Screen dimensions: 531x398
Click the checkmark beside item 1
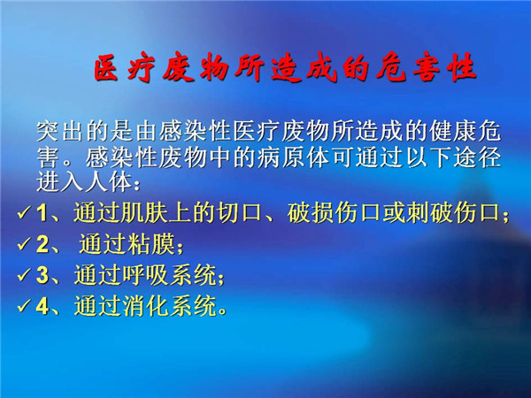(x=25, y=213)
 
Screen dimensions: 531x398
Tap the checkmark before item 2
(x=25, y=244)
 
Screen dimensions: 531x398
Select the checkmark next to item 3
(x=25, y=275)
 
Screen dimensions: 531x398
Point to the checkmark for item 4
(x=25, y=306)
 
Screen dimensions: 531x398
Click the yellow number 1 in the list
(x=42, y=213)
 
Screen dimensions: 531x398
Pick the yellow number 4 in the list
(x=42, y=306)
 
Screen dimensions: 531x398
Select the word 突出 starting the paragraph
(x=59, y=131)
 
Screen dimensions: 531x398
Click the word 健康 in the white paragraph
(x=453, y=131)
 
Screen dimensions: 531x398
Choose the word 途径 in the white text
(x=478, y=157)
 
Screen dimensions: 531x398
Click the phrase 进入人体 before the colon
(x=84, y=183)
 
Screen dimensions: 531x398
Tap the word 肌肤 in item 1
(x=146, y=213)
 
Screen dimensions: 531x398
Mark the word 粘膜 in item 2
(x=151, y=244)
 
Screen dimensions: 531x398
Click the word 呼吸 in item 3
(x=146, y=275)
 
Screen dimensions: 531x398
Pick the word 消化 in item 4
(x=146, y=306)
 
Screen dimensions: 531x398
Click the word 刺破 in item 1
(x=430, y=213)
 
